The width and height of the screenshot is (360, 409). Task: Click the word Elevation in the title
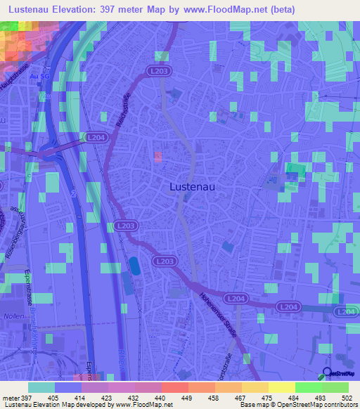[x=86, y=10]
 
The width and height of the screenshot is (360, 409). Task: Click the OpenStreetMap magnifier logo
[x=327, y=373]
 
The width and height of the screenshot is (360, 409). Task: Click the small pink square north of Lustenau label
[x=157, y=155]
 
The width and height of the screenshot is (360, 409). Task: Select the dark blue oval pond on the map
[x=134, y=266]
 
